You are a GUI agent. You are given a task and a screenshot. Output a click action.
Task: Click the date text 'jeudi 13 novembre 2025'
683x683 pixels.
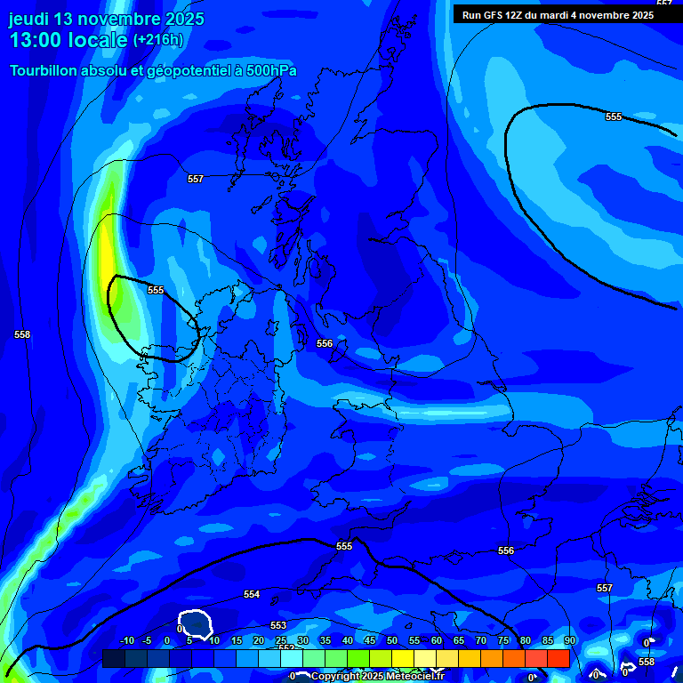click(x=107, y=19)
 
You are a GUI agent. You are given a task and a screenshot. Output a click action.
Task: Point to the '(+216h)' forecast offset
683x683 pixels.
click(x=158, y=40)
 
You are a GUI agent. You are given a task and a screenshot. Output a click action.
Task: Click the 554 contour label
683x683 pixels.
click(x=252, y=594)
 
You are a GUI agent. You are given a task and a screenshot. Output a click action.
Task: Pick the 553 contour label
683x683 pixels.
click(x=278, y=625)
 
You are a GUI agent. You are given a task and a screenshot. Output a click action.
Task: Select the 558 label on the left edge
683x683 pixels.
click(x=22, y=334)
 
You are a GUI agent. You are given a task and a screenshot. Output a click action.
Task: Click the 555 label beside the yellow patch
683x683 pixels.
click(x=156, y=290)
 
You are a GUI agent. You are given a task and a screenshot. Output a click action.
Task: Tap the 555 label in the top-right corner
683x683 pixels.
click(x=614, y=117)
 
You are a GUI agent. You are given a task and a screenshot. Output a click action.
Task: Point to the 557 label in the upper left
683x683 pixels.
click(x=196, y=179)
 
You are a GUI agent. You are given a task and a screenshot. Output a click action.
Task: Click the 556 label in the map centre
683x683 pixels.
click(x=325, y=343)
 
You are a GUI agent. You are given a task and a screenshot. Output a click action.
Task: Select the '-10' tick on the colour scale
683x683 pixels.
click(x=127, y=640)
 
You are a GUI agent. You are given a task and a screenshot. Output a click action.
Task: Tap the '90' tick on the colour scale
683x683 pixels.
click(x=569, y=640)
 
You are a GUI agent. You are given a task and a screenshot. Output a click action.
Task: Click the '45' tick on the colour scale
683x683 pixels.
click(x=370, y=640)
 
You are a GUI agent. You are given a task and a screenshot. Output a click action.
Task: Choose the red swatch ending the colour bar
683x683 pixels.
click(x=558, y=658)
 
